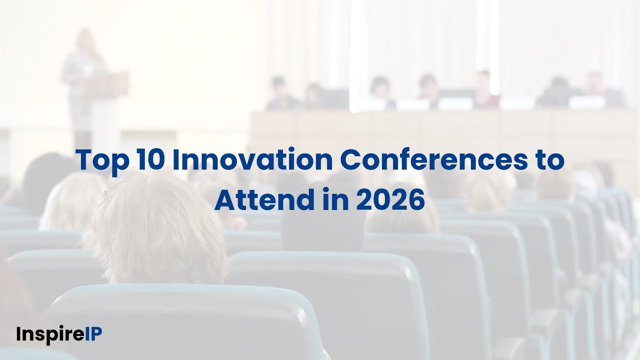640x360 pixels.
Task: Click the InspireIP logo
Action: coord(58,334)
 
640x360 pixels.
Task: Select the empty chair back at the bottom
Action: coord(185,320)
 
